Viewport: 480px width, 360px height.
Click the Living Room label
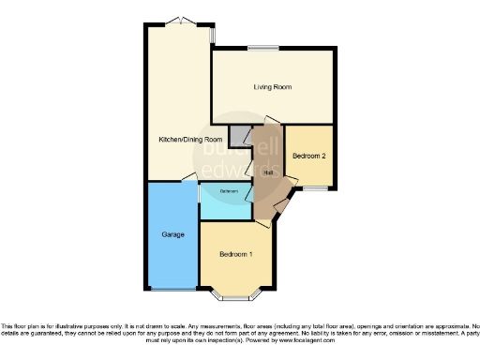click(272, 87)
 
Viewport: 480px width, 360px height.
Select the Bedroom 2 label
click(309, 156)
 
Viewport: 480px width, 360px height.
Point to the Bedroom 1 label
click(235, 254)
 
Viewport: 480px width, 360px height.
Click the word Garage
click(172, 233)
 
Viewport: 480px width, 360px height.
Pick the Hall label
click(268, 172)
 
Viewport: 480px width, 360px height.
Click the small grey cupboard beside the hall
click(241, 135)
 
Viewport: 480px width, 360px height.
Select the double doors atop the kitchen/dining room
click(175, 22)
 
